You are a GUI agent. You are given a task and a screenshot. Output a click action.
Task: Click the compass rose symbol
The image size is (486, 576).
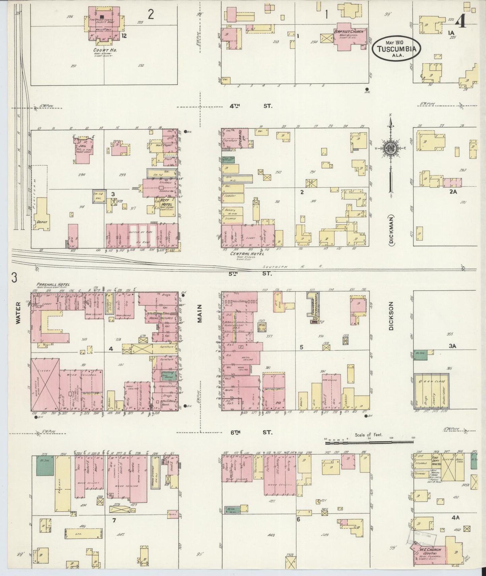pyautogui.click(x=391, y=148)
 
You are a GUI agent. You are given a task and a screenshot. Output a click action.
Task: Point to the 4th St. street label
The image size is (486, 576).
pyautogui.click(x=251, y=106)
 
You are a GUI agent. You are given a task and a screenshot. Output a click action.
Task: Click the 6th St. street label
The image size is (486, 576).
pyautogui.click(x=251, y=432)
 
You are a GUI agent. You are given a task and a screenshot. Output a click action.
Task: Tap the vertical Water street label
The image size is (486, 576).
pyautogui.click(x=18, y=313)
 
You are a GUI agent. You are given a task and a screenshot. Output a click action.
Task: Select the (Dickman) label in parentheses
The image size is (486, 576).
pyautogui.click(x=392, y=229)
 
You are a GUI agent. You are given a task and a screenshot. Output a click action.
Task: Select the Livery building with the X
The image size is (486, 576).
pyautogui.click(x=45, y=384)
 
